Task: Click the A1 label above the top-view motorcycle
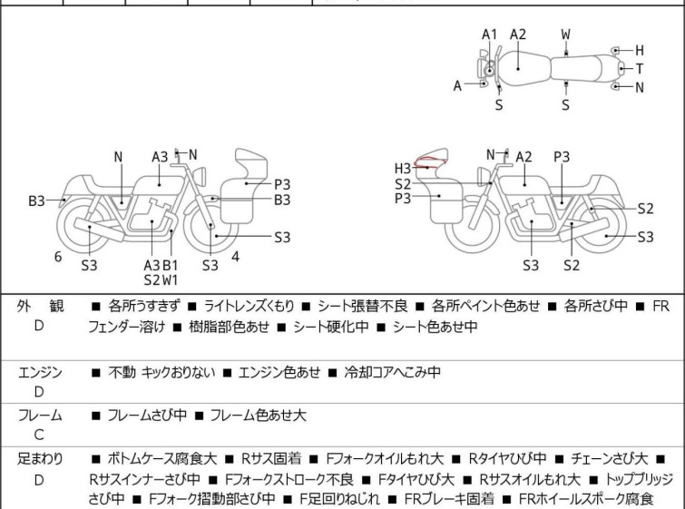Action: (490, 34)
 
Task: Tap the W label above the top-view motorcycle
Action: (566, 34)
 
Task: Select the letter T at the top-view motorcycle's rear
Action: (640, 69)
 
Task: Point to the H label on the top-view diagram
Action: (640, 51)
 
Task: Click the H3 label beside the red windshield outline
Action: (403, 168)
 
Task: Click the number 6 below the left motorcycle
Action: (58, 257)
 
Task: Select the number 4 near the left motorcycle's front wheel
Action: (235, 256)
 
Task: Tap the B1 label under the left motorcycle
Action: (171, 265)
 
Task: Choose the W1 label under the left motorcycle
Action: (171, 279)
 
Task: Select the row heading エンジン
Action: (40, 372)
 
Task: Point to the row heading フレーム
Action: (40, 416)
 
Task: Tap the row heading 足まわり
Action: (40, 459)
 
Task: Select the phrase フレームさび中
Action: (147, 416)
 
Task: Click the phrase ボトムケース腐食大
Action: (162, 459)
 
